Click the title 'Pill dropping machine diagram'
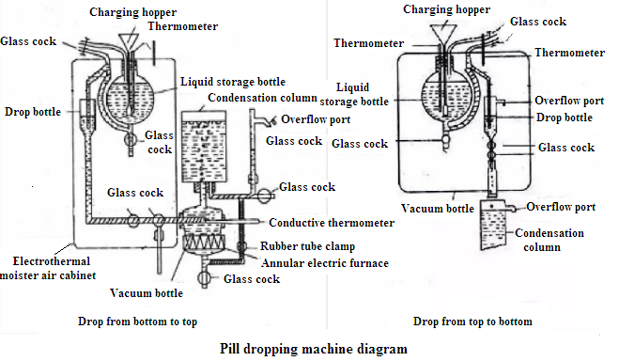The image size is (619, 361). tap(314, 349)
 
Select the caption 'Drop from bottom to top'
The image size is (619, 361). tap(139, 322)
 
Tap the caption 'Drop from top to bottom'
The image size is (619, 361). tap(473, 322)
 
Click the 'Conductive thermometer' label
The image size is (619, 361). tap(331, 223)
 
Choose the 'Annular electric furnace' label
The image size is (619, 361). tap(326, 263)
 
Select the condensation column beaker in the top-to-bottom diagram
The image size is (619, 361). tap(498, 228)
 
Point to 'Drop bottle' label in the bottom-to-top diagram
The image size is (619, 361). tap(31, 112)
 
